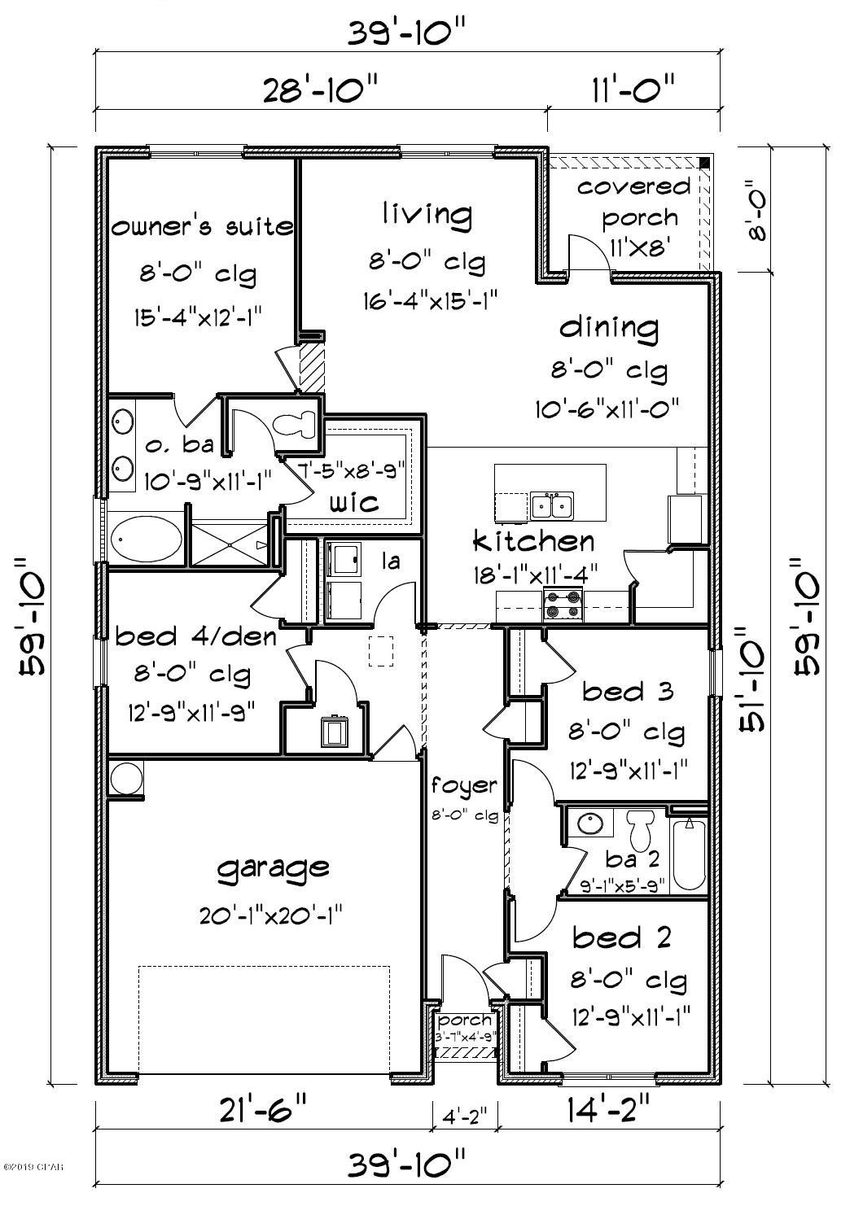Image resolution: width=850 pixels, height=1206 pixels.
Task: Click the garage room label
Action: [273, 868]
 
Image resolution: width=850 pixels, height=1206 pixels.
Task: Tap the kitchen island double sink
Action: [551, 505]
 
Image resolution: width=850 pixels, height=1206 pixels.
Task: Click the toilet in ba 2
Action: [639, 828]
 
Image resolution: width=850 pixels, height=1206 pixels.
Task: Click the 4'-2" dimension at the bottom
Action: [463, 1114]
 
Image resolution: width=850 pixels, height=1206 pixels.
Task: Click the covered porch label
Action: [634, 201]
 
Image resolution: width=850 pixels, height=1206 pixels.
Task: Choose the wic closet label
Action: [353, 501]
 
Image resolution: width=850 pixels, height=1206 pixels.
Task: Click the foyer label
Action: [463, 785]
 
